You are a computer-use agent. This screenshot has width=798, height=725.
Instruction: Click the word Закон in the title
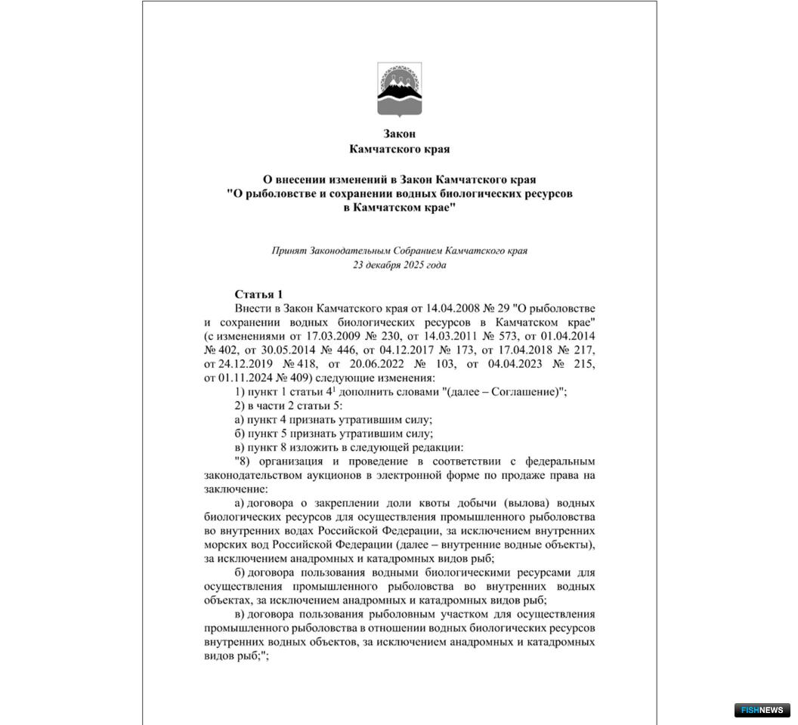point(399,134)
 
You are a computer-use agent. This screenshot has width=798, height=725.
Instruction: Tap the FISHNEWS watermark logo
point(762,710)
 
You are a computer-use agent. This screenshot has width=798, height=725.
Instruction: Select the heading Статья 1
point(258,294)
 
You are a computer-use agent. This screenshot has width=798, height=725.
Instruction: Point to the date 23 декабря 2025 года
point(399,265)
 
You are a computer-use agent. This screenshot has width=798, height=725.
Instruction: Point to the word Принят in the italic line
point(289,251)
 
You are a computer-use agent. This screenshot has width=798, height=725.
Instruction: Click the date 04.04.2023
point(501,363)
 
